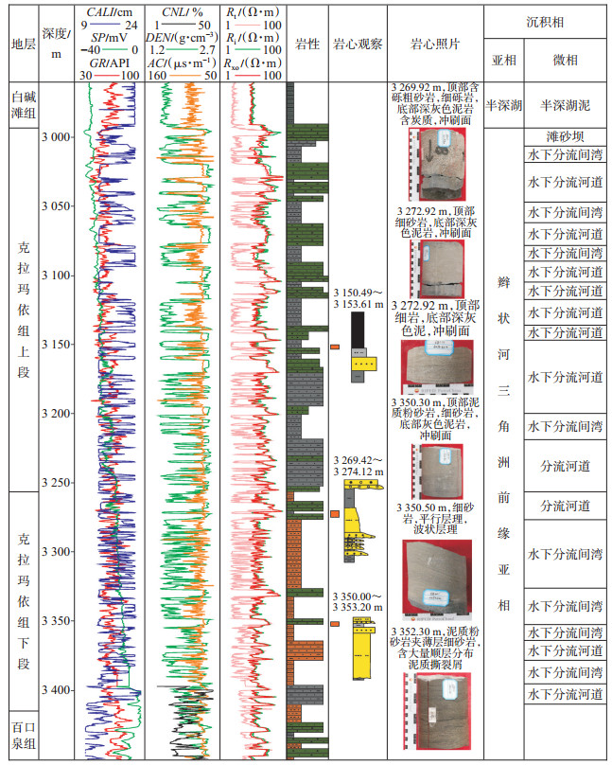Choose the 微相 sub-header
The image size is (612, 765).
tap(565, 60)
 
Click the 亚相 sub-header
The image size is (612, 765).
tap(503, 60)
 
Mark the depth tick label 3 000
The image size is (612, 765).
tap(57, 137)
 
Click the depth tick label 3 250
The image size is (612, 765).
tap(57, 483)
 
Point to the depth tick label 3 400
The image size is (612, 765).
tap(57, 690)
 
